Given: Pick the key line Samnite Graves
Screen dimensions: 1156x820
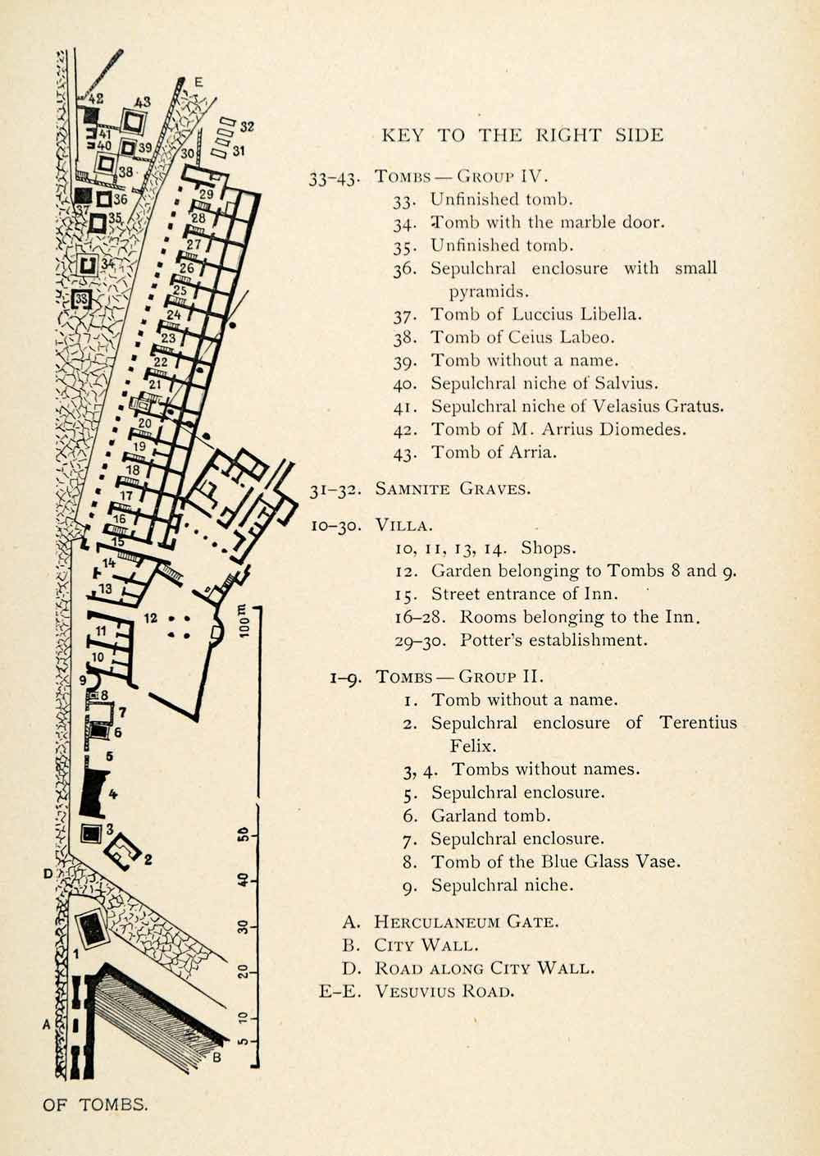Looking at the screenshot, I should (453, 489).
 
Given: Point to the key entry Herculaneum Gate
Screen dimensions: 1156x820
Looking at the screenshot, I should (467, 921).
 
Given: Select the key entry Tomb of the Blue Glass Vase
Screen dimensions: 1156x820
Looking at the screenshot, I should (555, 861).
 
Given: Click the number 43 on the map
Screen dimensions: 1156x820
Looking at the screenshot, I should (143, 103).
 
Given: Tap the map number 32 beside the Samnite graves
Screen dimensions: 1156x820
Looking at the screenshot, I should (247, 127).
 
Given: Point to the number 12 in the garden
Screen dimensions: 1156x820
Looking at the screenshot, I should (150, 616).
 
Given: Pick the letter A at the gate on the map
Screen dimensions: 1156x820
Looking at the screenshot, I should (47, 1024).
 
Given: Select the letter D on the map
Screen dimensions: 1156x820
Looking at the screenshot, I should (48, 874).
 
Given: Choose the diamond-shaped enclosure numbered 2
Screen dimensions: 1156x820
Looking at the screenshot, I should (123, 850).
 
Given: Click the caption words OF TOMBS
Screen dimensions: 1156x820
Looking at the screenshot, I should (96, 1104).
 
